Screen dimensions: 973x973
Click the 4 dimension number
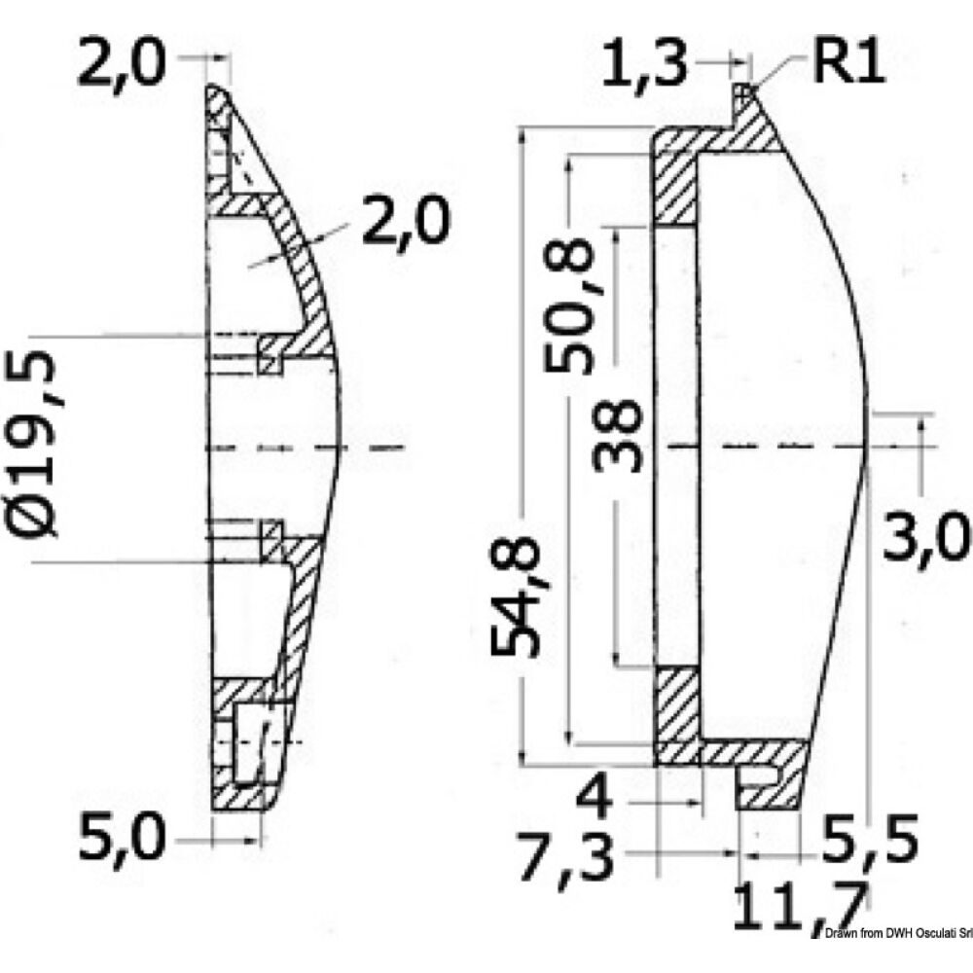[x=595, y=801]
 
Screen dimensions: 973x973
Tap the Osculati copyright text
[x=895, y=961]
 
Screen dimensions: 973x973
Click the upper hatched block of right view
[x=673, y=186]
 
